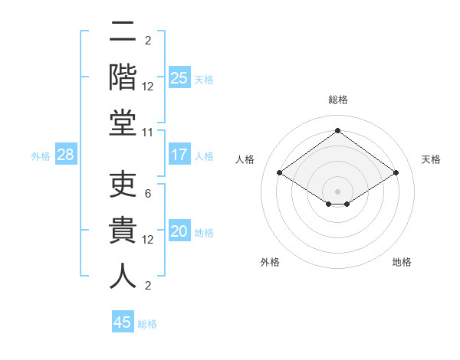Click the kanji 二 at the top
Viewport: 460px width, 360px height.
(122, 33)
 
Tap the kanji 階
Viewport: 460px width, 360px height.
(122, 78)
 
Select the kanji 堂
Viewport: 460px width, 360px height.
(122, 123)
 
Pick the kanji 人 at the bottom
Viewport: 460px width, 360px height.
(122, 277)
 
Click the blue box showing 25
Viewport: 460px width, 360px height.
(179, 77)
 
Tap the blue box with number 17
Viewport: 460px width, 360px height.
(179, 155)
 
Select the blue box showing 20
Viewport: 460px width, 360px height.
(179, 232)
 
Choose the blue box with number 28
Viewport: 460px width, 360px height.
(66, 155)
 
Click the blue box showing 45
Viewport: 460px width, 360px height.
(122, 322)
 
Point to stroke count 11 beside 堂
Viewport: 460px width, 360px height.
(148, 133)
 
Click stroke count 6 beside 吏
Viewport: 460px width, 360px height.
(148, 193)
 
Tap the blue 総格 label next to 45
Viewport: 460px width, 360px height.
(147, 324)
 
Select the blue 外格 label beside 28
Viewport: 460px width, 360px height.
(41, 156)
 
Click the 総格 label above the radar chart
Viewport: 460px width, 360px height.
(337, 100)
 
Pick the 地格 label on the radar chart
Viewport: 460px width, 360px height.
(402, 263)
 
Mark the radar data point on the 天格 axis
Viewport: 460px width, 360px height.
(396, 173)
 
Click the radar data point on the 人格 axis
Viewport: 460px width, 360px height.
(279, 173)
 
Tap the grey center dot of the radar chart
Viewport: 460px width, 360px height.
(337, 190)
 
